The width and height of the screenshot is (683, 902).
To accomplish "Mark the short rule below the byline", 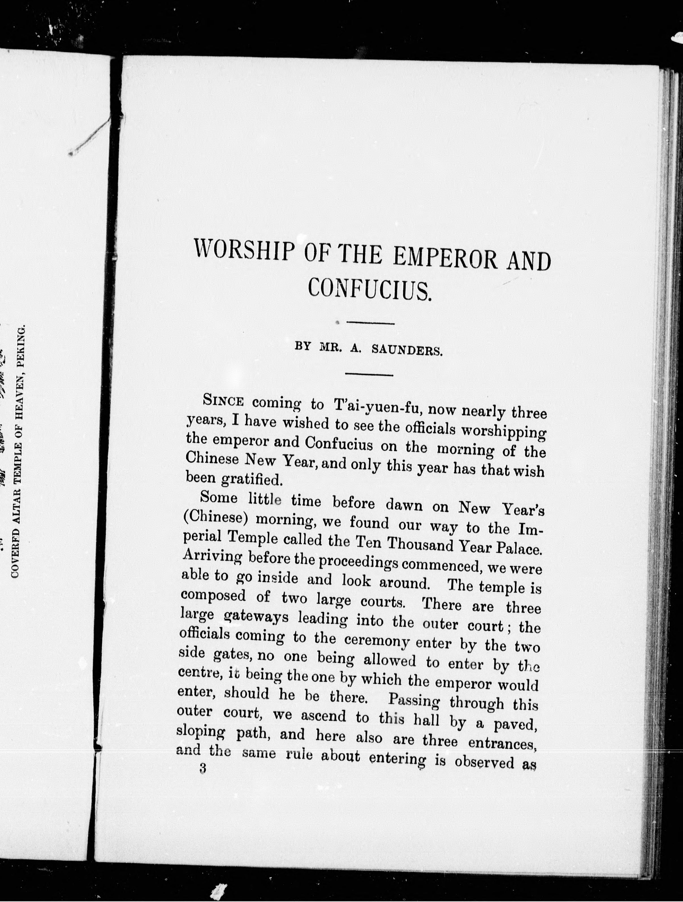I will pos(369,374).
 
